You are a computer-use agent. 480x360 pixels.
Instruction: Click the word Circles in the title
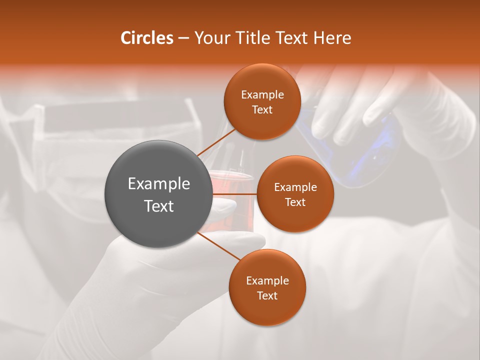(147, 37)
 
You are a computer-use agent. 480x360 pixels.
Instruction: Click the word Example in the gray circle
(159, 184)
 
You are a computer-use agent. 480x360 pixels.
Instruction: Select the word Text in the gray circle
(159, 206)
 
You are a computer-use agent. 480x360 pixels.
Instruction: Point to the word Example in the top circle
(262, 94)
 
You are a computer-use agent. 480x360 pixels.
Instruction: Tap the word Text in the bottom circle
(267, 295)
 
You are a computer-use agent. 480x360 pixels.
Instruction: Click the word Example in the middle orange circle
(295, 187)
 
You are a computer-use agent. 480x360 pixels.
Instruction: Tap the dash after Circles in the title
(183, 38)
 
